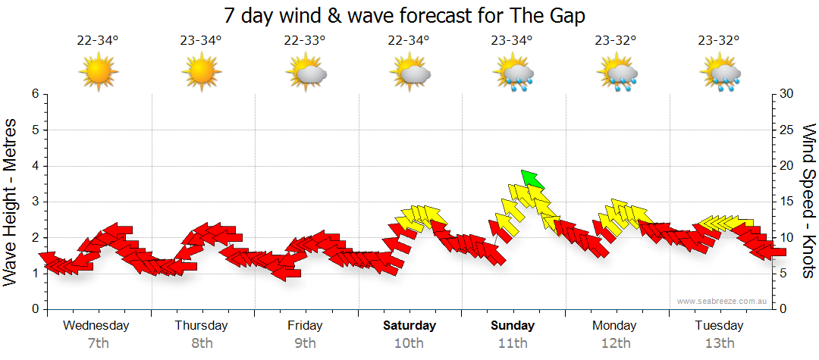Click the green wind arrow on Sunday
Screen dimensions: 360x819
[532, 179]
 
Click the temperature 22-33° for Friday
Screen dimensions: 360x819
[305, 41]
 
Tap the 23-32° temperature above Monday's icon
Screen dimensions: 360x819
[616, 41]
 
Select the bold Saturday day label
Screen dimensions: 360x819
[409, 326]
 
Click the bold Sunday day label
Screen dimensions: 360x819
[513, 326]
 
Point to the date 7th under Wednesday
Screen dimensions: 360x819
[99, 343]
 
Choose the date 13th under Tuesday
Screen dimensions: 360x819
[720, 343]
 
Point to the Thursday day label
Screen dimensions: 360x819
[202, 326]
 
